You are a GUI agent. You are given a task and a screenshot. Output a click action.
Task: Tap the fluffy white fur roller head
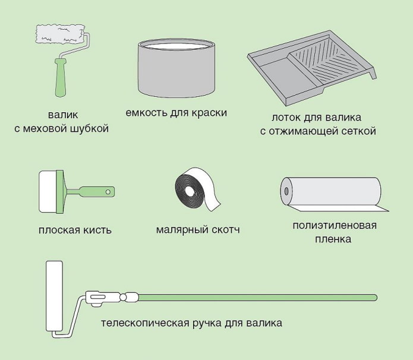pos(60,34)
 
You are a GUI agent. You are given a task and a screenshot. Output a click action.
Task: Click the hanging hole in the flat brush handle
pos(109,191)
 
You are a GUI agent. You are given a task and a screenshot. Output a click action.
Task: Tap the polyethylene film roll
pos(330,192)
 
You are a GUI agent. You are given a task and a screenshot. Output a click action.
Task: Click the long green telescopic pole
pos(256,296)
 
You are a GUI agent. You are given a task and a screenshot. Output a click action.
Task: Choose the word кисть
pos(96,230)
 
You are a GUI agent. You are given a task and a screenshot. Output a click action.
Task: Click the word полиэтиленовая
pos(334,226)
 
